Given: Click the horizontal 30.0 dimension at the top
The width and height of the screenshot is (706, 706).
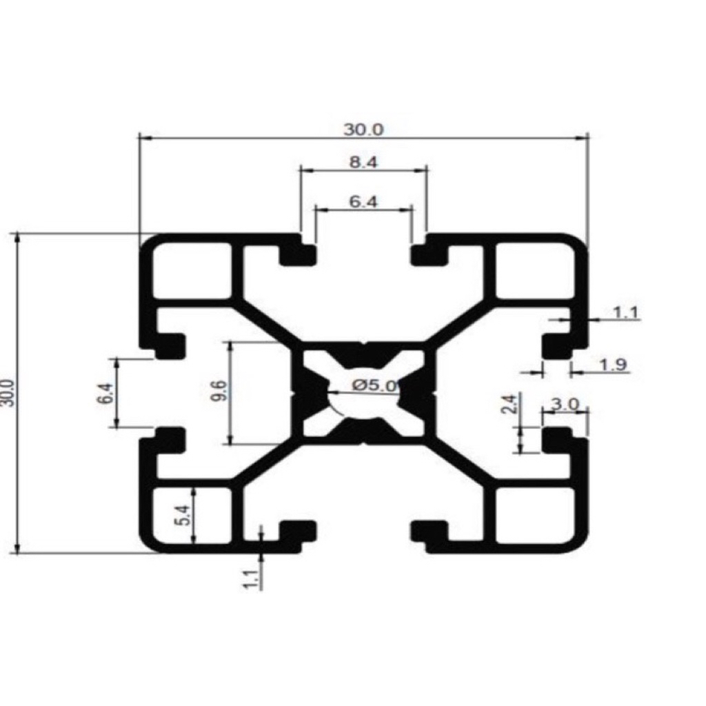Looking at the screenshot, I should point(363,129).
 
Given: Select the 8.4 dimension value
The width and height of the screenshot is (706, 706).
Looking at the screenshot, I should point(363,163).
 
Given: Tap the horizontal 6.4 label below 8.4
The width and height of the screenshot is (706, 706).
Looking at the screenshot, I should point(363,202).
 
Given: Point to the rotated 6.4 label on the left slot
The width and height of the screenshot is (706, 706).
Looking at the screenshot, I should point(106,394).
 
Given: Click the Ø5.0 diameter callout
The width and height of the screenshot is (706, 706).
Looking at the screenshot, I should point(375,386).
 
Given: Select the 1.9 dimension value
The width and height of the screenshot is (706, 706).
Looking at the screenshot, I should point(613,365).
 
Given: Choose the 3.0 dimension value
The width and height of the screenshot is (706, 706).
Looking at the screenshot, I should point(565,405).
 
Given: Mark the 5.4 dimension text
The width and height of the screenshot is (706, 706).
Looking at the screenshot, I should point(183,515).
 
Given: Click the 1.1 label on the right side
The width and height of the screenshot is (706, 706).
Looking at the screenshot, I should point(626,313).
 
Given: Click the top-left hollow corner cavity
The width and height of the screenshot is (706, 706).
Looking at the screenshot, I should point(192,270).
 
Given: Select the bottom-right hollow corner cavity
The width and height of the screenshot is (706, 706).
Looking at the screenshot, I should point(535,515).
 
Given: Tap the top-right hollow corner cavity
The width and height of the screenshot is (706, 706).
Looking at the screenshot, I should point(535,270).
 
